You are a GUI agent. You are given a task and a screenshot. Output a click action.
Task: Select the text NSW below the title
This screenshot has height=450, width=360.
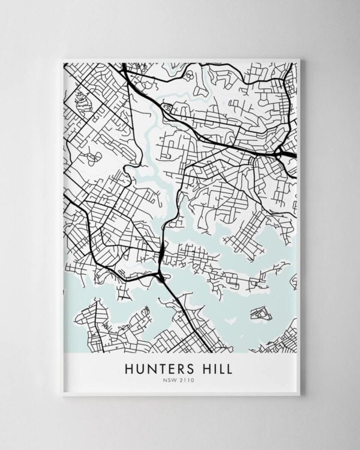coord(173,379)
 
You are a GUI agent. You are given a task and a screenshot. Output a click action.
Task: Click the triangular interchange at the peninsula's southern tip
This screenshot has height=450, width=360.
coord(161,275)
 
